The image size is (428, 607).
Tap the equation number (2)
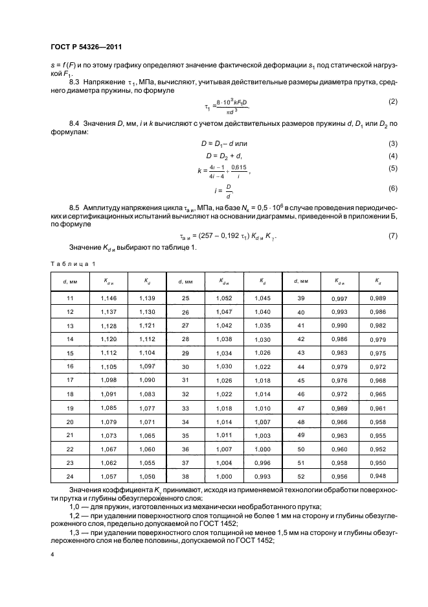(x=392, y=102)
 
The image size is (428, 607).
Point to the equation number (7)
(x=392, y=235)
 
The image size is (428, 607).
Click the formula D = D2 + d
(x=225, y=156)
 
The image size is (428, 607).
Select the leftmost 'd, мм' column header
(x=71, y=281)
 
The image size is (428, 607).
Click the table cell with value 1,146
(x=109, y=298)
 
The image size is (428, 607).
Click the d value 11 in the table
(x=71, y=298)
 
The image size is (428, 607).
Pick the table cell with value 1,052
(x=224, y=298)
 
